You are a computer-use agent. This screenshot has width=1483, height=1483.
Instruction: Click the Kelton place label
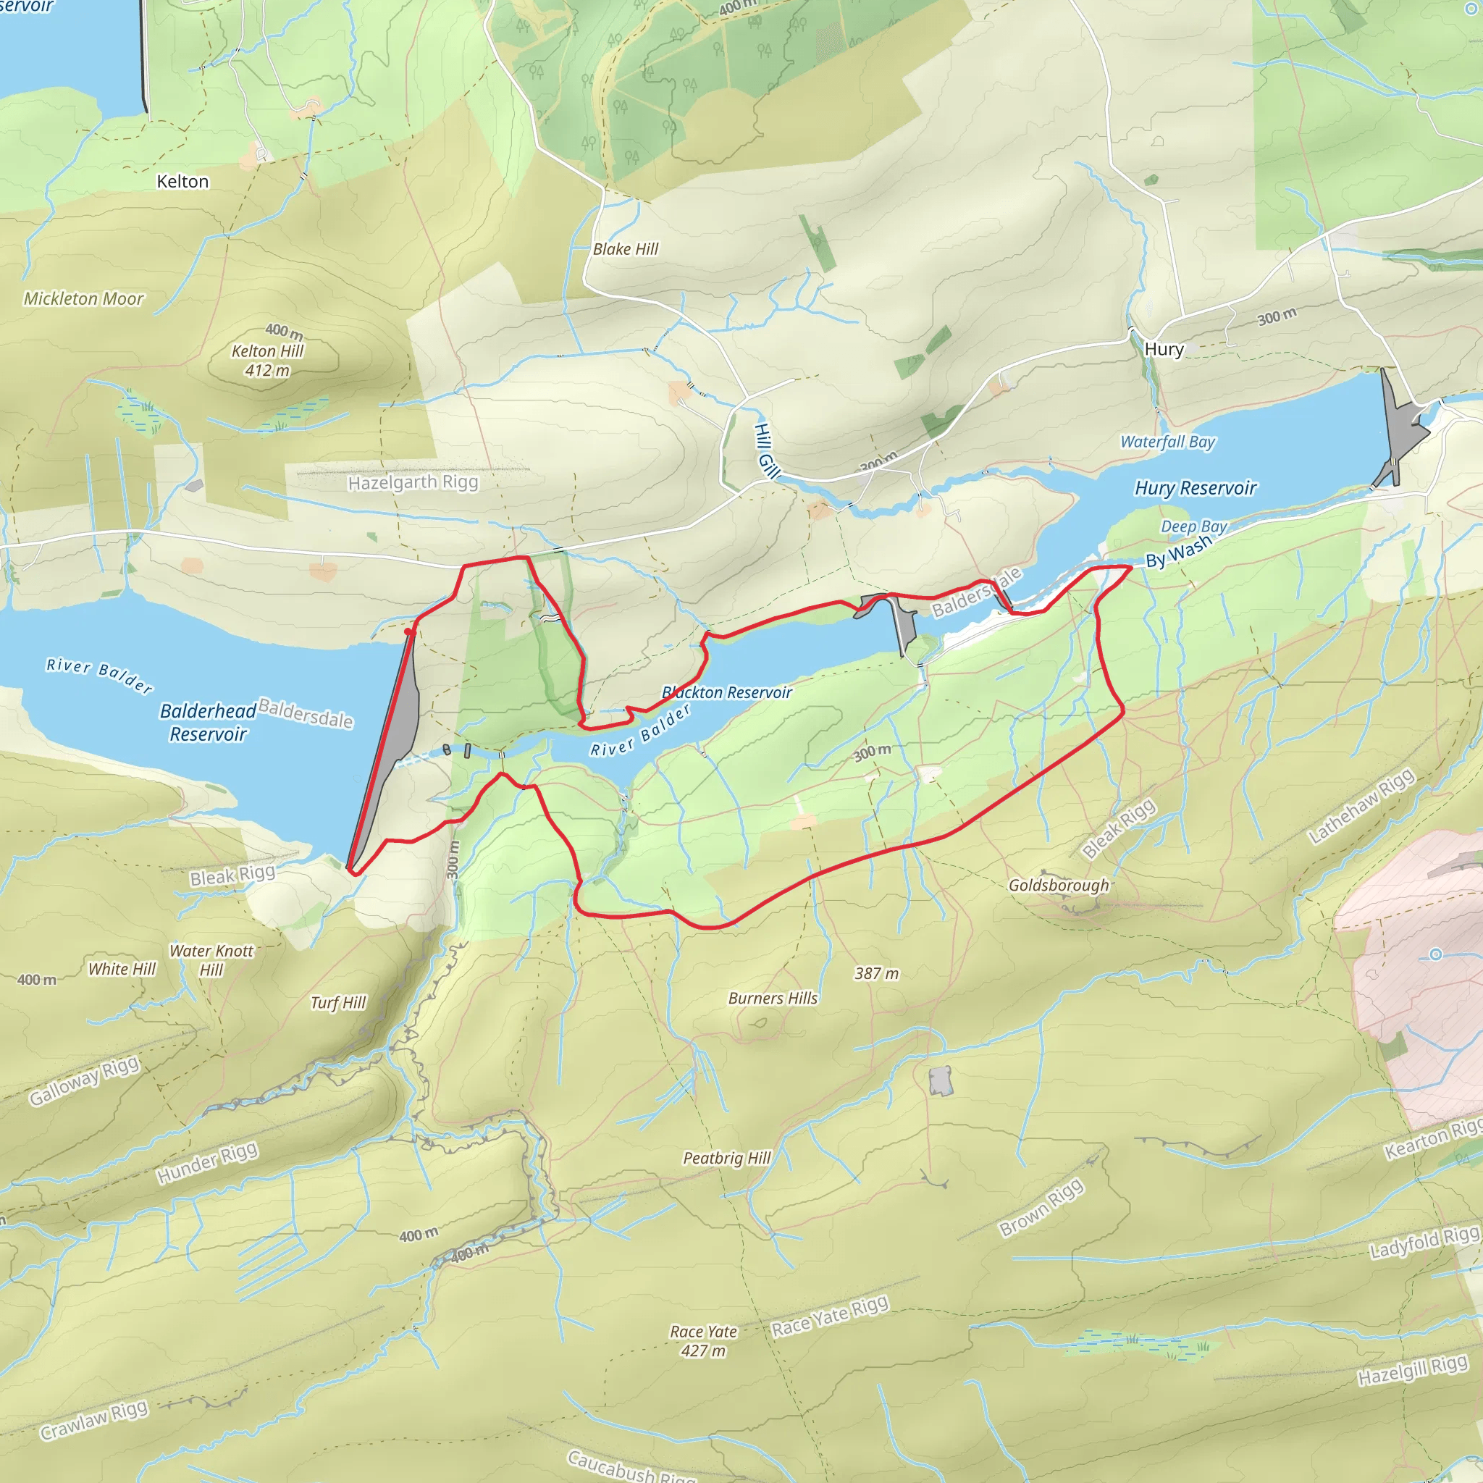tap(182, 182)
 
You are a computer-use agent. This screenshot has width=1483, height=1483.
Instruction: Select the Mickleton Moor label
tap(83, 299)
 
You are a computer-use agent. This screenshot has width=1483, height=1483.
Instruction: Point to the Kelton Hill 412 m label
tap(268, 361)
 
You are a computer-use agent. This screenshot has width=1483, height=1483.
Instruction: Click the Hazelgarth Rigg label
tap(413, 483)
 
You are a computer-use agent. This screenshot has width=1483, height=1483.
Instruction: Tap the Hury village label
tap(1164, 350)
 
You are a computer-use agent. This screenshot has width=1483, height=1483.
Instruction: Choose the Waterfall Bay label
tap(1167, 442)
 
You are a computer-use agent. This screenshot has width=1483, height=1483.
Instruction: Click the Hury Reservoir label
tap(1195, 488)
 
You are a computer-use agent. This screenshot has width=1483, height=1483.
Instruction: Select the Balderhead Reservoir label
tap(207, 722)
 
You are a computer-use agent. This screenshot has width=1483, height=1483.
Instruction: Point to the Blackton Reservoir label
tap(727, 692)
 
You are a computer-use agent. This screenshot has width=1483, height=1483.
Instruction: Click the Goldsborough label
tap(1059, 885)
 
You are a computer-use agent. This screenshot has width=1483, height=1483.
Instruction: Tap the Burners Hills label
tap(773, 998)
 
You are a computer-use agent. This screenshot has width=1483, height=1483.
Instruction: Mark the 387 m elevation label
tap(876, 973)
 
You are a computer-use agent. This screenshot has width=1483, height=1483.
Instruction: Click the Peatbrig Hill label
tap(727, 1158)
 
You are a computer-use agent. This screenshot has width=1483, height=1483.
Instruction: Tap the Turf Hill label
tap(337, 1002)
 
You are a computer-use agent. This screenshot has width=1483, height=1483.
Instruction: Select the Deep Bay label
tap(1193, 526)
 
